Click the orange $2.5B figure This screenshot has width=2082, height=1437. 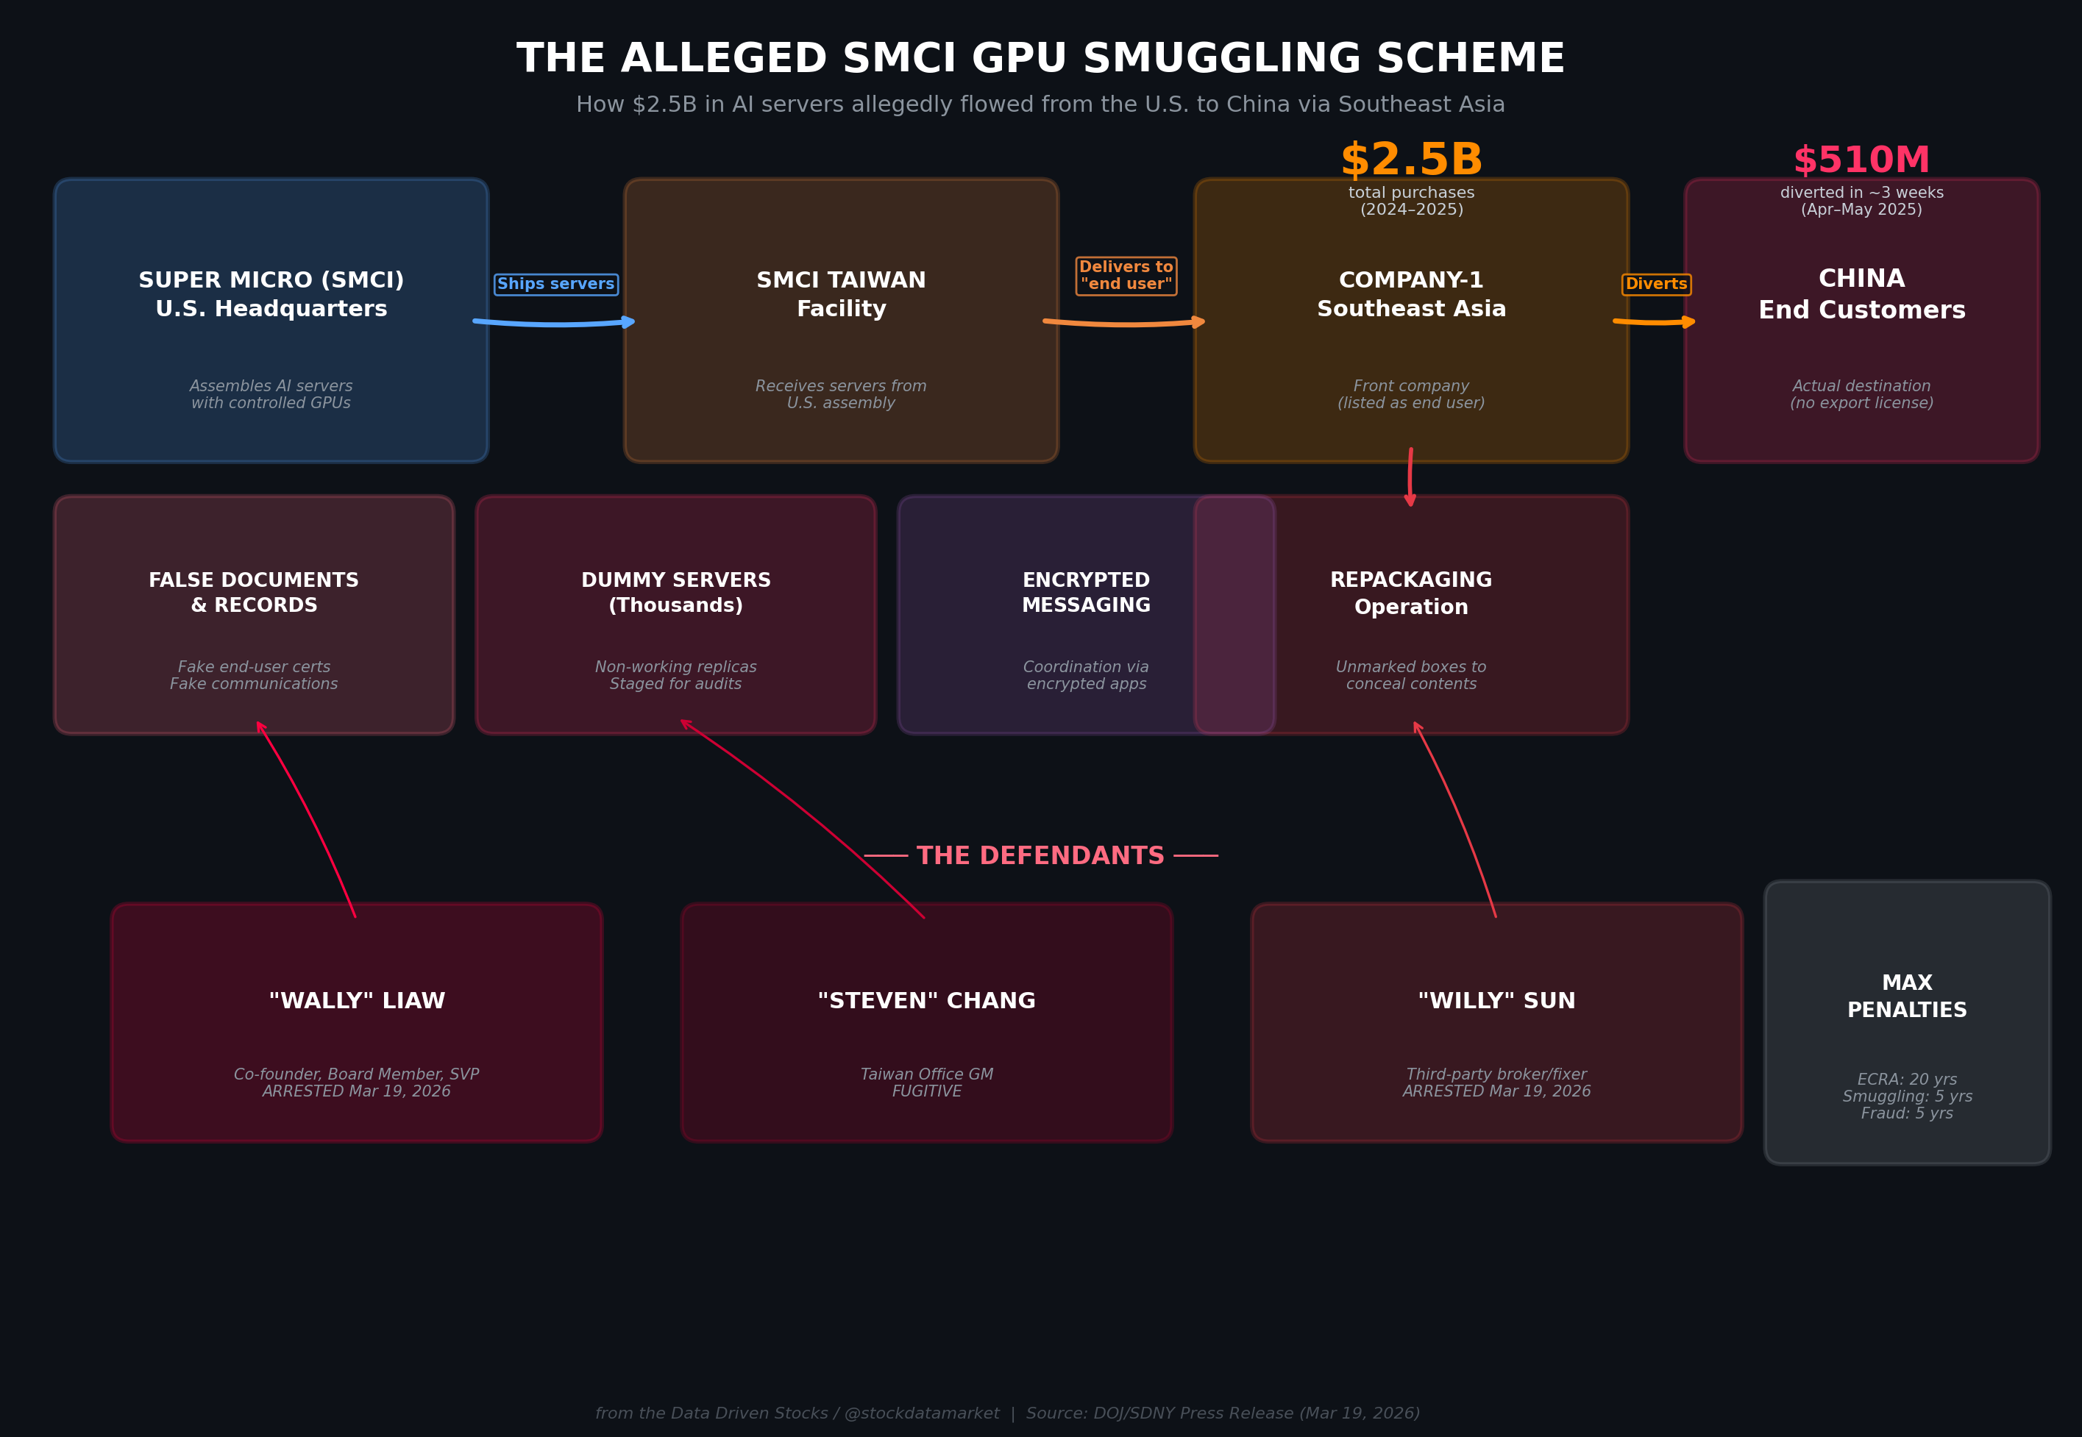[x=1411, y=160]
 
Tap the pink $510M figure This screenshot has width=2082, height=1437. [x=1861, y=161]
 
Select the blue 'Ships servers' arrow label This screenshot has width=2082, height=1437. [x=555, y=285]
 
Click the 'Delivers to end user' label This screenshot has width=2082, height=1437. [x=1126, y=276]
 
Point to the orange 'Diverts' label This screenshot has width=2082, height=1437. [x=1656, y=285]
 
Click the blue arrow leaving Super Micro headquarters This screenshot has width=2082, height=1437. [x=554, y=322]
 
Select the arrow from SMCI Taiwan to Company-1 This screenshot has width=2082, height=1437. [x=1124, y=322]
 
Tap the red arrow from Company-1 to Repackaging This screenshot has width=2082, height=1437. [x=1410, y=477]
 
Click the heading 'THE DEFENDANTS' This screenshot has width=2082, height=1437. [x=1040, y=855]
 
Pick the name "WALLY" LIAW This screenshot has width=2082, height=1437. [x=357, y=1001]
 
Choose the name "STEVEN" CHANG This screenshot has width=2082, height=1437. [x=927, y=1001]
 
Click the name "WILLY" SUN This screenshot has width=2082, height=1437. [x=1496, y=1001]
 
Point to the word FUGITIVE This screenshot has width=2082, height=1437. [x=927, y=1091]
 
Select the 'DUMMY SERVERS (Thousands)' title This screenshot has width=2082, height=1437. [x=675, y=593]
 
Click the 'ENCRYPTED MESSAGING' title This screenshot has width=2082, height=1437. [x=1086, y=593]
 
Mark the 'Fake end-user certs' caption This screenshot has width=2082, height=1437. [x=254, y=667]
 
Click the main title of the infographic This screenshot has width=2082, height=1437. [x=1040, y=60]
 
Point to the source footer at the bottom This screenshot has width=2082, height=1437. [x=1006, y=1413]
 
